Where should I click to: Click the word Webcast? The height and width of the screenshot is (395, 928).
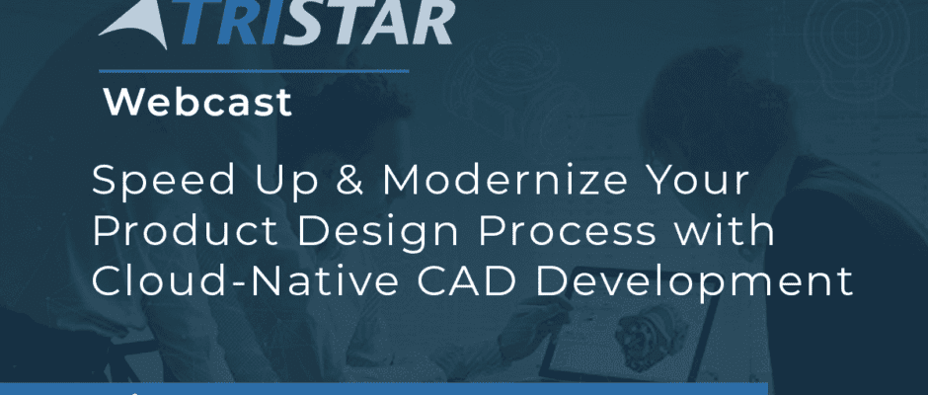197,103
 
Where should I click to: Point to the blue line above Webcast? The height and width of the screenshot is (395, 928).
254,71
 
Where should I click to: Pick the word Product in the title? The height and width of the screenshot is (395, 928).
185,231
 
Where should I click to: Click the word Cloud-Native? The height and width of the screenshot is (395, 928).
245,281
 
